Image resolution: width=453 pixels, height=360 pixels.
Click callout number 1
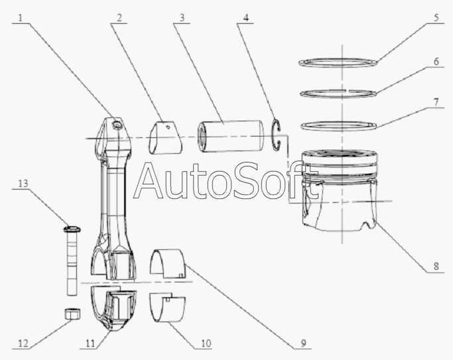click(x=20, y=18)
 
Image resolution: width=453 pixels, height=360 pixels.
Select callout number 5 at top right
click(x=436, y=18)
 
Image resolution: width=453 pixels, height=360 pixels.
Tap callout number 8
click(x=436, y=266)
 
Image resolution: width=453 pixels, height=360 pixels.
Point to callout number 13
click(x=23, y=184)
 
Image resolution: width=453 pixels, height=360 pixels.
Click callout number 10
click(x=206, y=343)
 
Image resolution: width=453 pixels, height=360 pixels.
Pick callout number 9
click(x=303, y=343)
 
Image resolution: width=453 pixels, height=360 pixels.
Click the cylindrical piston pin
click(x=231, y=136)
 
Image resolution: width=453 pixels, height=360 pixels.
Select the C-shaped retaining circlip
click(x=276, y=135)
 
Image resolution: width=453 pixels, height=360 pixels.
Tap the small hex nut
click(x=72, y=314)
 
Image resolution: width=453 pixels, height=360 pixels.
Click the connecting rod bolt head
click(x=72, y=229)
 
